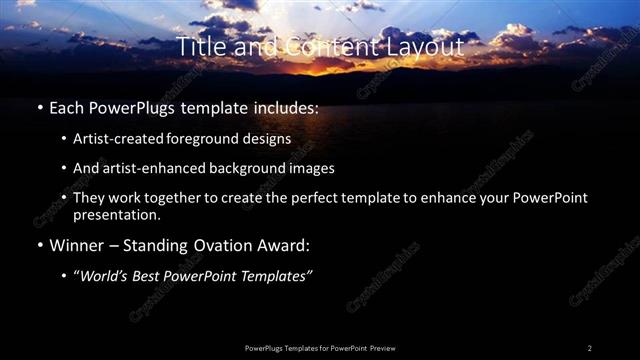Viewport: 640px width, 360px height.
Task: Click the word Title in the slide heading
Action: [198, 46]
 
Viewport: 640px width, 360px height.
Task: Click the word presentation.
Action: [116, 214]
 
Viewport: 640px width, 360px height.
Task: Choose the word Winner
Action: [80, 245]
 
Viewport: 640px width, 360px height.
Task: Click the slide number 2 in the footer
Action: [589, 348]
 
